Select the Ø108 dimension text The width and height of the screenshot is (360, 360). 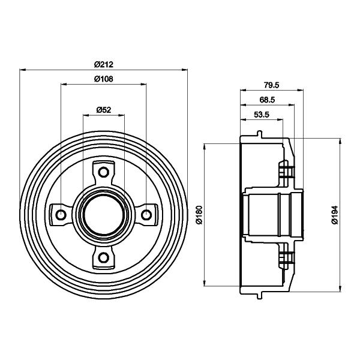[104, 79]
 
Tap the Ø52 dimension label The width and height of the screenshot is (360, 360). [104, 109]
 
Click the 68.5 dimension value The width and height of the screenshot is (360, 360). [267, 100]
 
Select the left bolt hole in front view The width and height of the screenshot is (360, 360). [60, 214]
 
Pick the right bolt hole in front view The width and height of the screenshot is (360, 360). [146, 214]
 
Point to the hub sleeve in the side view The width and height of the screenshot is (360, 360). [273, 215]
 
